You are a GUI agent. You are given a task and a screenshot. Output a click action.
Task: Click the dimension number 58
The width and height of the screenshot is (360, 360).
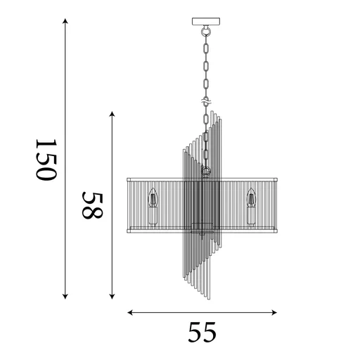pos(92,204)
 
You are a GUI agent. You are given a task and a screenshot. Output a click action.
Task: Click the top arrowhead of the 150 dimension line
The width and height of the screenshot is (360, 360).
pos(65,22)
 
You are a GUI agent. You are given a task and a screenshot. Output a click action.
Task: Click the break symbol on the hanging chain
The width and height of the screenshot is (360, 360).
pos(205,103)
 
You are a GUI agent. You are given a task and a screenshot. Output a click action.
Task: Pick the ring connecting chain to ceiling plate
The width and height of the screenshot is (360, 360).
pos(205,31)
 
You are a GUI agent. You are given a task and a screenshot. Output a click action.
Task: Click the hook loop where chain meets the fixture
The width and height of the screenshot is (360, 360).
pos(205,170)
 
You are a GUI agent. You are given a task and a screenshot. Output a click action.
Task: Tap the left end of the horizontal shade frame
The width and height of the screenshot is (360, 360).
pos(128,204)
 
